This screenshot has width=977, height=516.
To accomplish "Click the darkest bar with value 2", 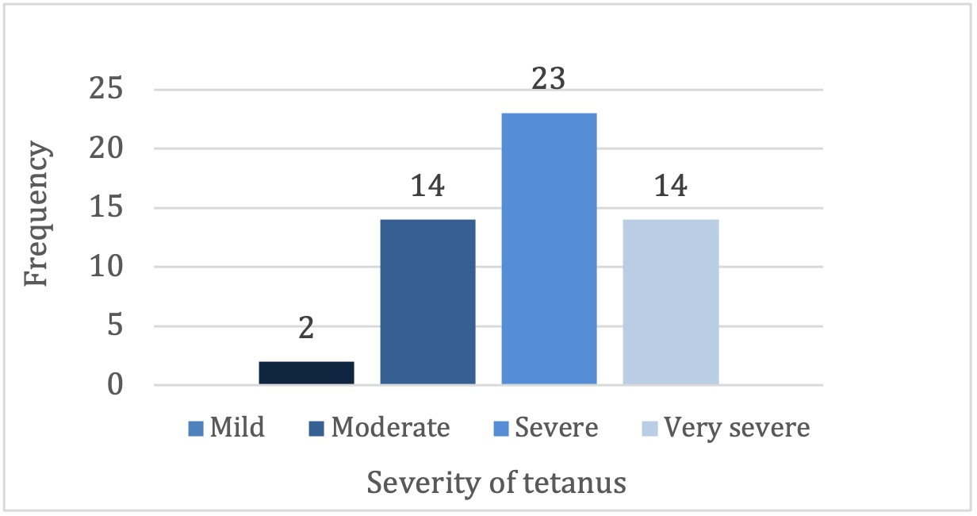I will click(306, 373).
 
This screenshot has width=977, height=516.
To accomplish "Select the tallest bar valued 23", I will click(549, 249).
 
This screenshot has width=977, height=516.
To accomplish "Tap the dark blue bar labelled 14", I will click(427, 302).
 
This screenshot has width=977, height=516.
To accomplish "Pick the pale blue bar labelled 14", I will click(670, 302).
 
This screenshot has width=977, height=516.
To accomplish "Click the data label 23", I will click(548, 80).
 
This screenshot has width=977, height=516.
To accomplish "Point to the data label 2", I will click(306, 328).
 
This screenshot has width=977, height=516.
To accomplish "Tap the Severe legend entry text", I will click(556, 428).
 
